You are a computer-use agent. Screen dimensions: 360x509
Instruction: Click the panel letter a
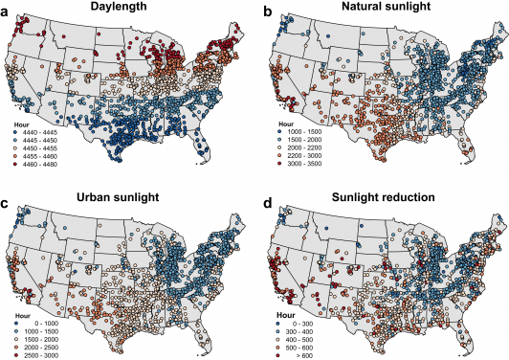[7, 10]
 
